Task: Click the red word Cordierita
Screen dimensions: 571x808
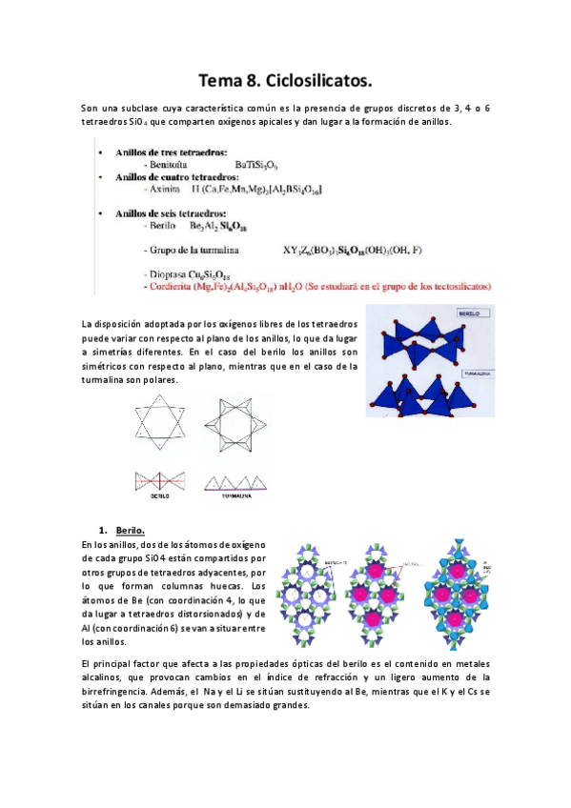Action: click(x=169, y=285)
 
